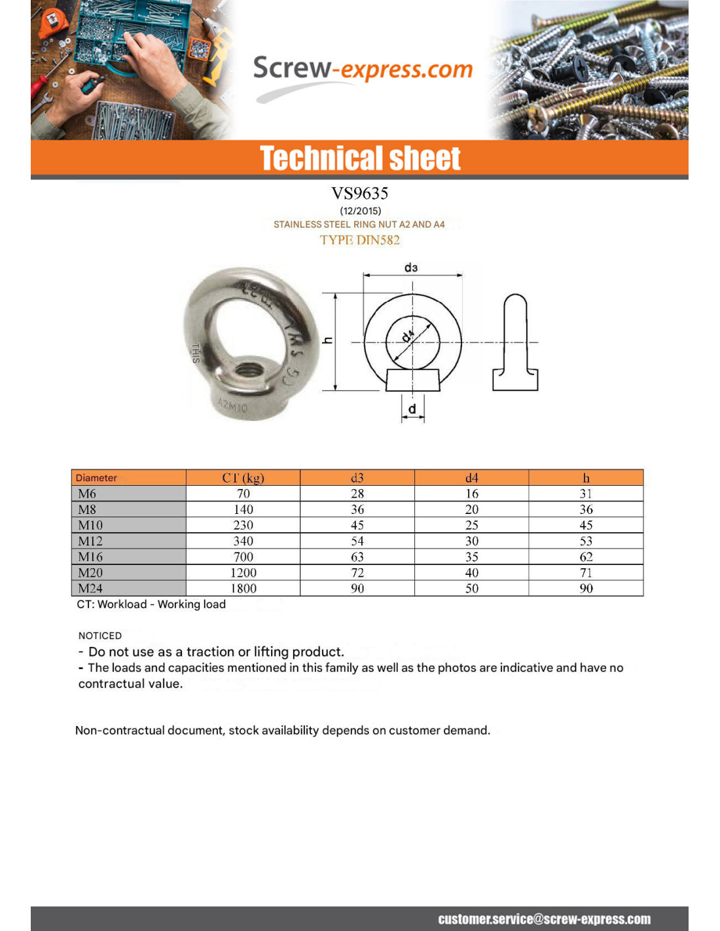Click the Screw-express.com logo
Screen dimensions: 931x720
362,69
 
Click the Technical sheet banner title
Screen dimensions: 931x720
360,158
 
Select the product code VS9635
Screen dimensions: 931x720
359,193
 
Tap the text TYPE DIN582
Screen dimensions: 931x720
359,240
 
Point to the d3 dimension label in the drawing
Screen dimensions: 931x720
410,267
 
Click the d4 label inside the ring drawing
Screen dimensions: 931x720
408,336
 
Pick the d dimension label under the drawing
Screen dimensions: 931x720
412,409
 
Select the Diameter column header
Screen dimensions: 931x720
96,478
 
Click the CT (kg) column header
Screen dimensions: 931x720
243,478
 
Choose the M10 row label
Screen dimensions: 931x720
90,525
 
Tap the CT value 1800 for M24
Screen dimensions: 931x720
243,589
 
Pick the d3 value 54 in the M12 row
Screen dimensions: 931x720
357,541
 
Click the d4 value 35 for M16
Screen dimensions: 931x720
471,557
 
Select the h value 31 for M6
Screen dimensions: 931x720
586,494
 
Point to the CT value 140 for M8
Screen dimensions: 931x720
243,509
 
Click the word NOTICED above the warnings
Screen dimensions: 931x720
100,636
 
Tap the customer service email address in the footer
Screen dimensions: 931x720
544,919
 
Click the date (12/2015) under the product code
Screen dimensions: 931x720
360,211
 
